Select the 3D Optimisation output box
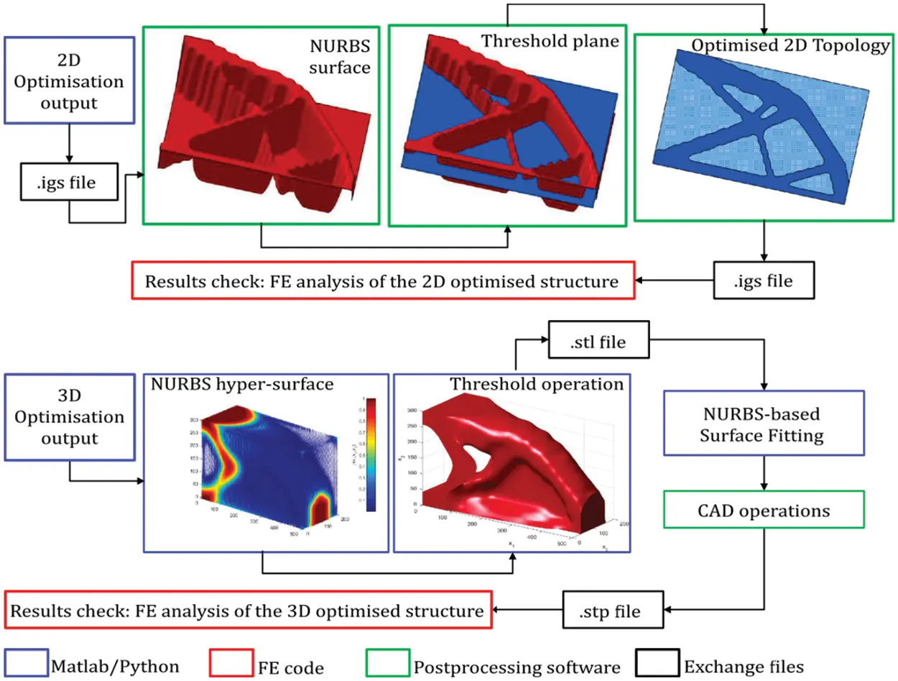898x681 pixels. point(70,417)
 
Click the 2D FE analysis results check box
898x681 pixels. point(383,281)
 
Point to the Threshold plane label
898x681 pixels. point(550,41)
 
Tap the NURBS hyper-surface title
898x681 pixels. point(242,385)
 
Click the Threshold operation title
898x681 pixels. point(537,385)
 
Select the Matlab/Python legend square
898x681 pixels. point(26,665)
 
